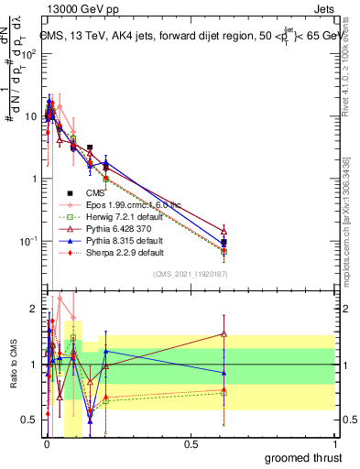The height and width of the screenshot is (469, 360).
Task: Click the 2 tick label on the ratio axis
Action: (33, 308)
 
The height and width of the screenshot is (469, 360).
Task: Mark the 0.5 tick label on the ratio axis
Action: (29, 420)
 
